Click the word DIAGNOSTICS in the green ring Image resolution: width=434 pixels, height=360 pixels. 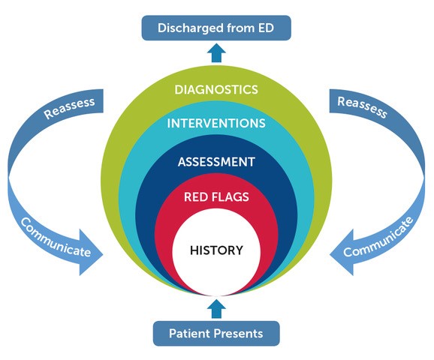pyautogui.click(x=216, y=89)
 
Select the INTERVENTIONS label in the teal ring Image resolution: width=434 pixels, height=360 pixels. pyautogui.click(x=216, y=122)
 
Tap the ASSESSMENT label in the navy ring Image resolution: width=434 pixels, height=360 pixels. pyautogui.click(x=216, y=161)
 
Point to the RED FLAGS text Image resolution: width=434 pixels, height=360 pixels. pyautogui.click(x=216, y=197)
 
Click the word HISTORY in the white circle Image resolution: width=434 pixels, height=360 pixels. pyautogui.click(x=216, y=250)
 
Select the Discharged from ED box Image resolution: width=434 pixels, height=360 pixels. pyautogui.click(x=216, y=28)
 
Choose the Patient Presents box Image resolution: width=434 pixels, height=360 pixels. pyautogui.click(x=216, y=332)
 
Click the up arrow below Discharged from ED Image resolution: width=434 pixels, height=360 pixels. pyautogui.click(x=216, y=53)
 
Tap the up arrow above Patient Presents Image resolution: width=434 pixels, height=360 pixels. pyautogui.click(x=216, y=307)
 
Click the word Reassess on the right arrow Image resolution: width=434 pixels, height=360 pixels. pyautogui.click(x=363, y=108)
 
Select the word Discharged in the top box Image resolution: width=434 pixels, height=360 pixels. pyautogui.click(x=189, y=28)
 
